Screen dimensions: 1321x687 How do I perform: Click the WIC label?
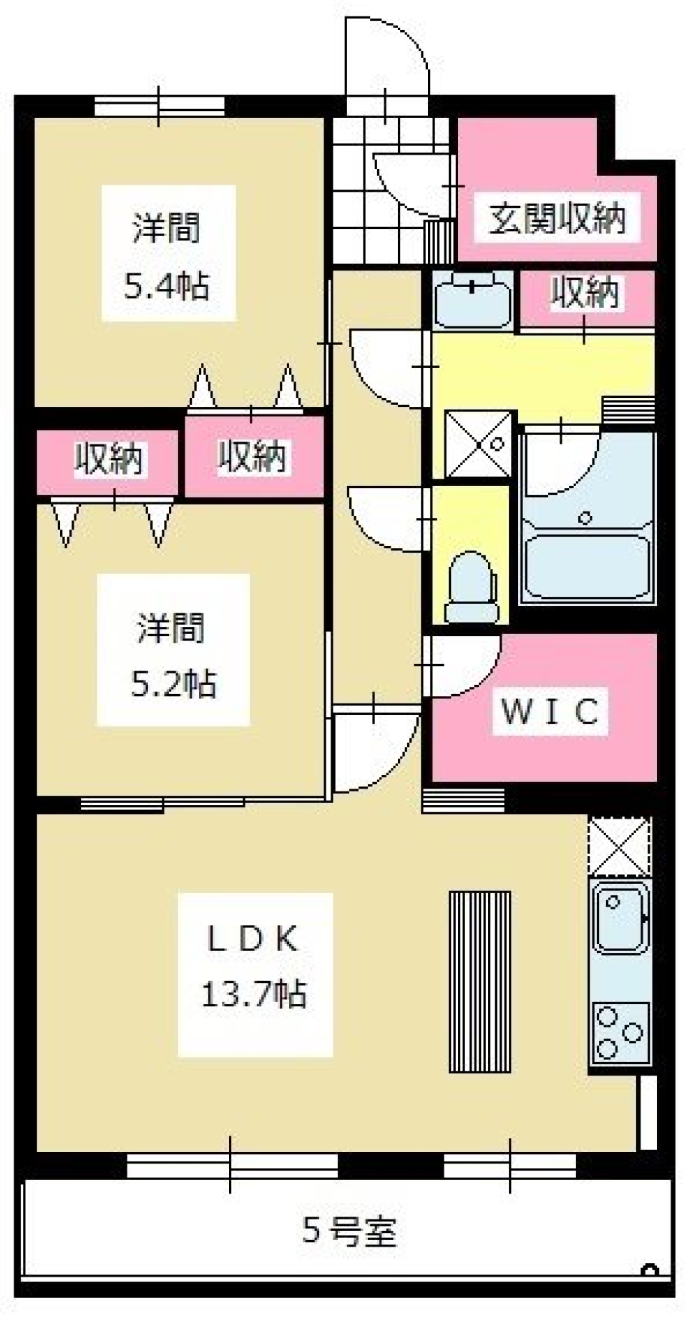pyautogui.click(x=550, y=711)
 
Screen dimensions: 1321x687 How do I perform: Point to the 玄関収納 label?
pyautogui.click(x=556, y=218)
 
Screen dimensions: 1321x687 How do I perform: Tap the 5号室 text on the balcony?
pyautogui.click(x=349, y=1232)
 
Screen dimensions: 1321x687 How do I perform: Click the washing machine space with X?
pyautogui.click(x=479, y=444)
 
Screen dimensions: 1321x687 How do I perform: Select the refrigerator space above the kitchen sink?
pyautogui.click(x=619, y=846)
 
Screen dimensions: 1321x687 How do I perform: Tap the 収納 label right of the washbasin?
pyautogui.click(x=585, y=293)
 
